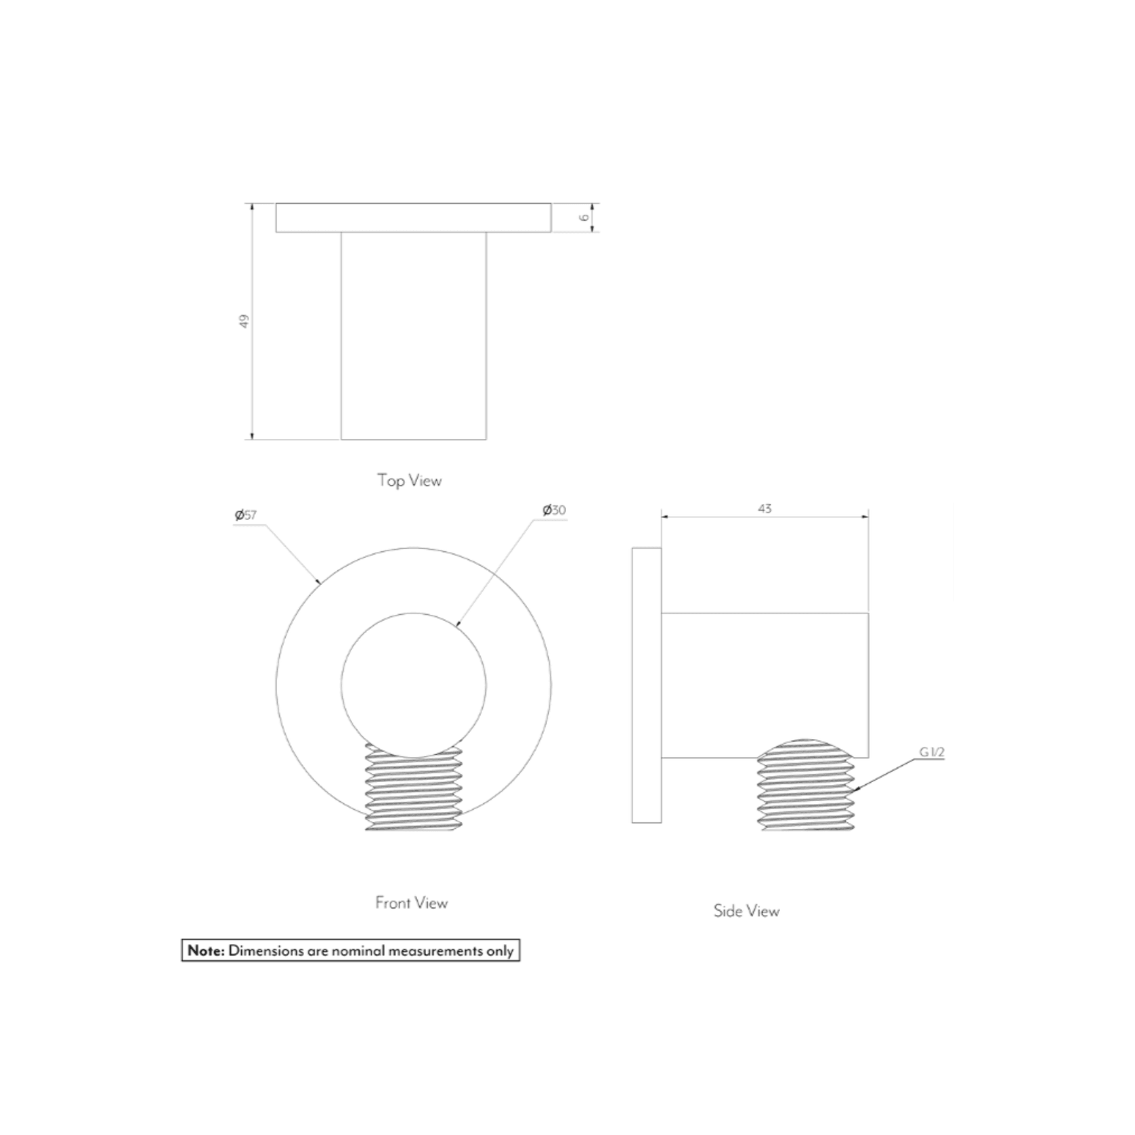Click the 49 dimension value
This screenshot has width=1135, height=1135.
point(244,321)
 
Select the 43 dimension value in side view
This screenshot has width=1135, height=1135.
point(765,509)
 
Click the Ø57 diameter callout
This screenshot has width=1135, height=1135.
point(246,515)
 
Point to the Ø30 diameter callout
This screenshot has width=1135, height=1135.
point(554,510)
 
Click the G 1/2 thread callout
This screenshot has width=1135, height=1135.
point(932,752)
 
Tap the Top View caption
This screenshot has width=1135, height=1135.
point(410,481)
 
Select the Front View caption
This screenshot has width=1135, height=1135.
point(412,903)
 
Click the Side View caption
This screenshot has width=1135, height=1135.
point(746,911)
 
